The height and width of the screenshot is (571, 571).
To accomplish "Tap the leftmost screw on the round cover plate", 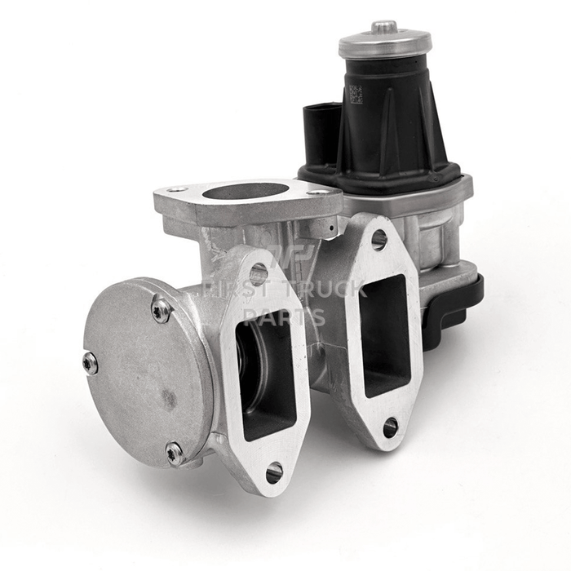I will (x=91, y=363).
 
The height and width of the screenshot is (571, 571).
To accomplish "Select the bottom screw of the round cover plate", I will (x=175, y=453).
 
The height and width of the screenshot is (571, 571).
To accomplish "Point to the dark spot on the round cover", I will (x=168, y=399).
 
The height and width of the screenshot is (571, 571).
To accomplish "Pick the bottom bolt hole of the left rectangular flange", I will (x=274, y=471).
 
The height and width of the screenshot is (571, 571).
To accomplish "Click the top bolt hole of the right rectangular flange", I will (x=378, y=239).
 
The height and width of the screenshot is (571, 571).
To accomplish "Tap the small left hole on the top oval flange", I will (x=171, y=190).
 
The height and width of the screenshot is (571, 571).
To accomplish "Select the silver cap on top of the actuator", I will (x=384, y=41).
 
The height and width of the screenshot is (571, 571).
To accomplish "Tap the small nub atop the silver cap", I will (x=384, y=27).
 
